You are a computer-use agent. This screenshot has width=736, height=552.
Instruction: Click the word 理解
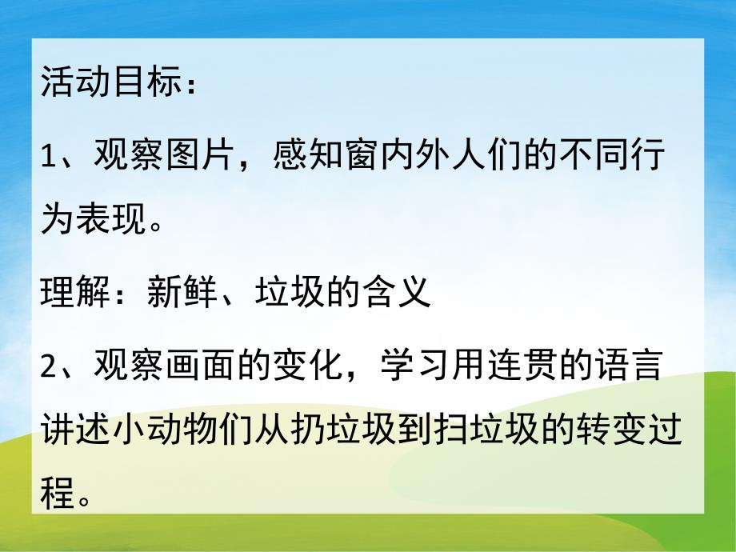pyautogui.click(x=68, y=295)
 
